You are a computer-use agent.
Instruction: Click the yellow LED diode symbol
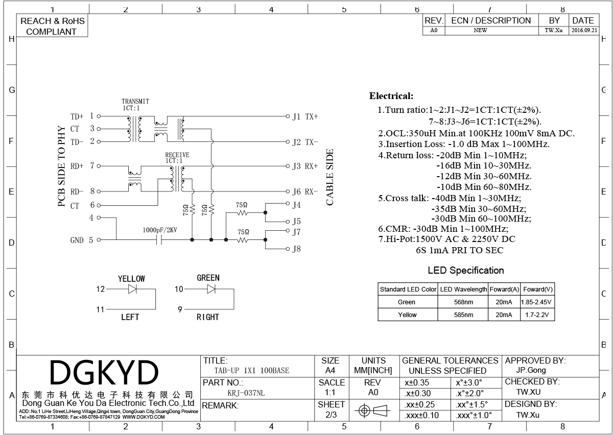132,289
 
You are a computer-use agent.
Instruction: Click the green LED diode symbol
211,289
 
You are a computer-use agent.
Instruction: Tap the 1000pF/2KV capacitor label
160,230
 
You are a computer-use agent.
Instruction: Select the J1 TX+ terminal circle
288,116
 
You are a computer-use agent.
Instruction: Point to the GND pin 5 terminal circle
99,240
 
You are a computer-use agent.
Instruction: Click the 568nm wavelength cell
463,302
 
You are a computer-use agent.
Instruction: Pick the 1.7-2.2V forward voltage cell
537,315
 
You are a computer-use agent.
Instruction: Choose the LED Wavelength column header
463,289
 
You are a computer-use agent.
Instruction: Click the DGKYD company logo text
104,372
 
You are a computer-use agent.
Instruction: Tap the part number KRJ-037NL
246,393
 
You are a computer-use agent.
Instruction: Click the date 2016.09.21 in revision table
584,30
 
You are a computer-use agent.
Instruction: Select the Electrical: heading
391,96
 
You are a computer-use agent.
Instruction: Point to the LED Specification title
466,270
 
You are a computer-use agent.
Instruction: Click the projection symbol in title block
372,410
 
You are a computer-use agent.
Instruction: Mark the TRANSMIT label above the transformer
135,102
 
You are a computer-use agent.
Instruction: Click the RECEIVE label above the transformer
177,155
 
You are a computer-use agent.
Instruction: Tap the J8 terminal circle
288,249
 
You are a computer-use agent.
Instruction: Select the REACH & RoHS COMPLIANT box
52,26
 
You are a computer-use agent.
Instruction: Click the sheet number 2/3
331,415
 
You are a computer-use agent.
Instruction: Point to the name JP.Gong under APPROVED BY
531,371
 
